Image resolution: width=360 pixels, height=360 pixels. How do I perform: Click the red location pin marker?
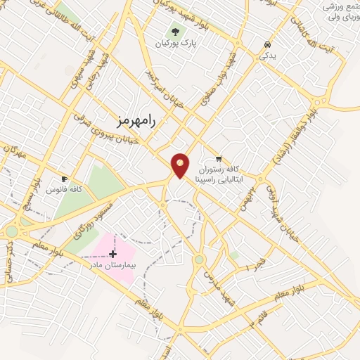pos(181,165)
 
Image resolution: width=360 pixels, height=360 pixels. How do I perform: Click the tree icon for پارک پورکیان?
pos(174,32)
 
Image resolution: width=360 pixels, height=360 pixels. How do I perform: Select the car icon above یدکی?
pos(267,44)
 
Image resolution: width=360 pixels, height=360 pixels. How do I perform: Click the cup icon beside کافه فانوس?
pos(65,179)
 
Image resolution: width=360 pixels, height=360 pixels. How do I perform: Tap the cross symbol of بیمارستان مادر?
pos(112,253)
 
